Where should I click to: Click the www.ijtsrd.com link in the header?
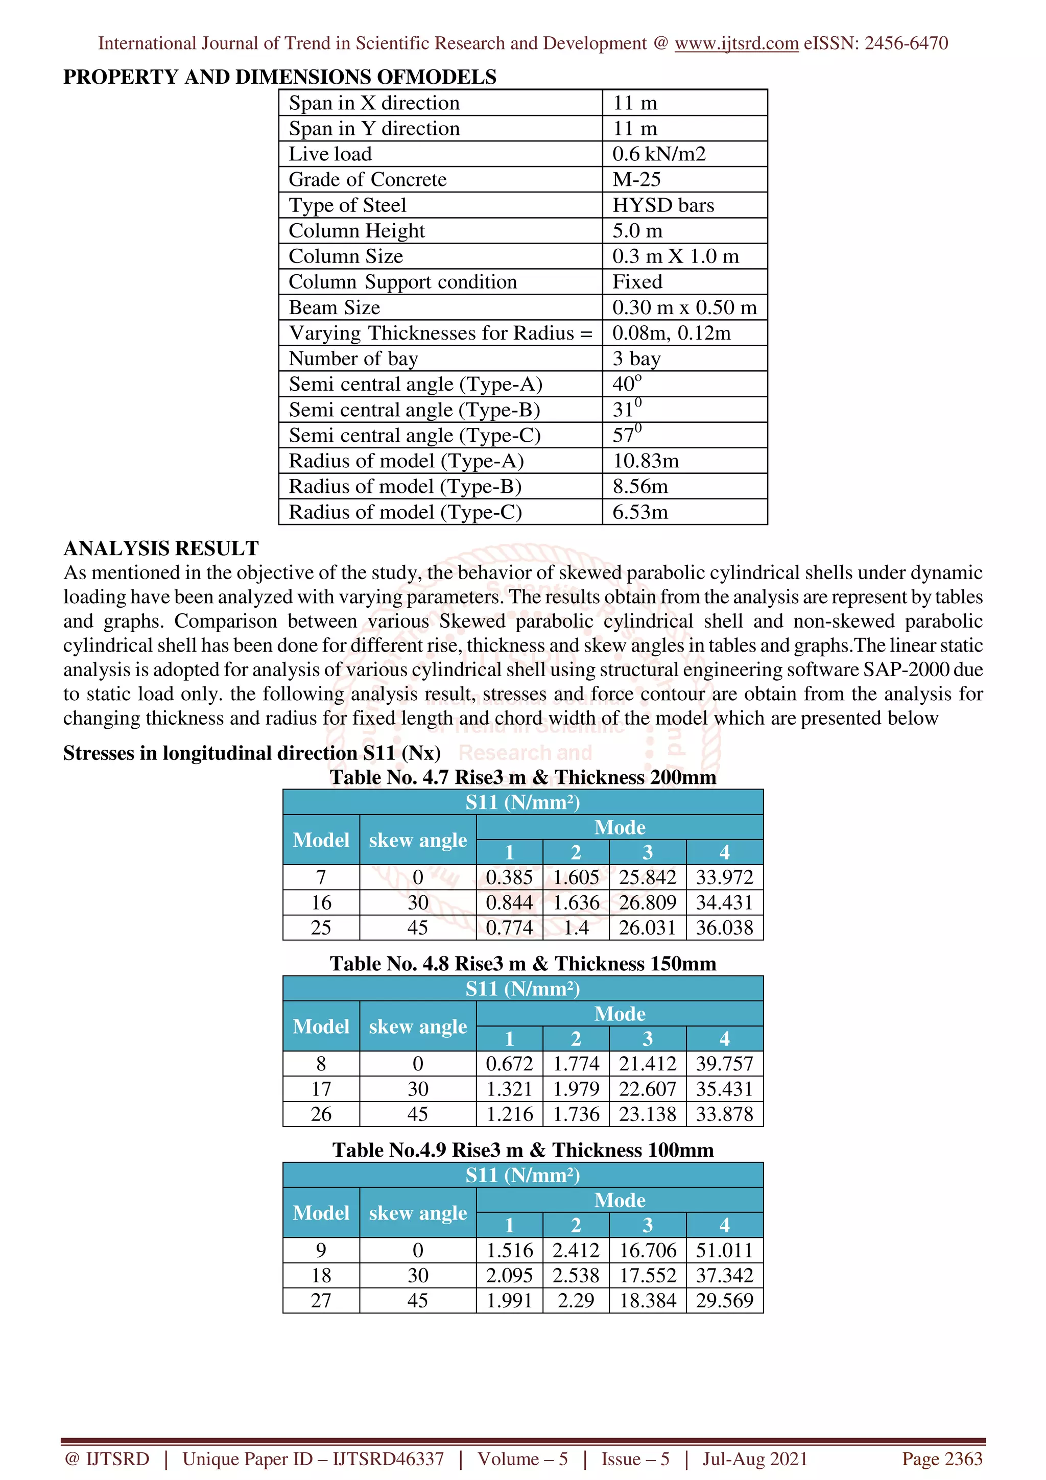click(x=736, y=43)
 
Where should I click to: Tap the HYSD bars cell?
click(x=662, y=205)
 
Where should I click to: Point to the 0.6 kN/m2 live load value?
click(x=659, y=154)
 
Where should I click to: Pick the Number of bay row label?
click(x=353, y=359)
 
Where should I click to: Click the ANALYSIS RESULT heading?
click(x=160, y=548)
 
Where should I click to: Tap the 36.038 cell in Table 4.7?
click(x=724, y=927)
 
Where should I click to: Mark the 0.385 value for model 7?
click(x=509, y=877)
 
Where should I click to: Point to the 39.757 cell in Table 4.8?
click(x=724, y=1064)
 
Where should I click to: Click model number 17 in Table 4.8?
click(x=321, y=1089)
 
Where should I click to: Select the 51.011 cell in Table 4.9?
click(x=724, y=1250)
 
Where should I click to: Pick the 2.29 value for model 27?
click(x=576, y=1300)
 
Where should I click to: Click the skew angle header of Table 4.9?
click(x=418, y=1212)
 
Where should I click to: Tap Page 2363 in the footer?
click(x=942, y=1459)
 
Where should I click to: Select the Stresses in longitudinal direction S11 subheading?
click(x=251, y=753)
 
